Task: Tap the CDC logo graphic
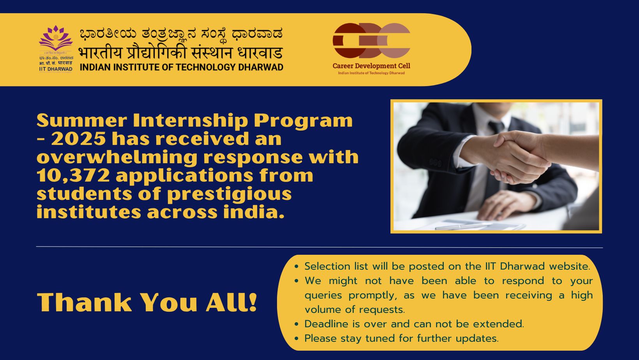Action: (x=371, y=41)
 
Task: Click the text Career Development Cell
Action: (x=371, y=66)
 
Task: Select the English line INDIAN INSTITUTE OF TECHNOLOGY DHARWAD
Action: (x=182, y=67)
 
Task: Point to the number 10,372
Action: (x=73, y=175)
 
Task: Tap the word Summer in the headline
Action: (x=82, y=120)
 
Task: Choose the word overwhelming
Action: (x=117, y=158)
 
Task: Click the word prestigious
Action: (x=229, y=194)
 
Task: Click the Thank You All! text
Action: (x=147, y=302)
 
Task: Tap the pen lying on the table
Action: (x=462, y=226)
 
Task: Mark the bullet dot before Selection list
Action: (x=297, y=266)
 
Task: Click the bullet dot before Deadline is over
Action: (x=297, y=324)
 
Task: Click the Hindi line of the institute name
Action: (x=180, y=53)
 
